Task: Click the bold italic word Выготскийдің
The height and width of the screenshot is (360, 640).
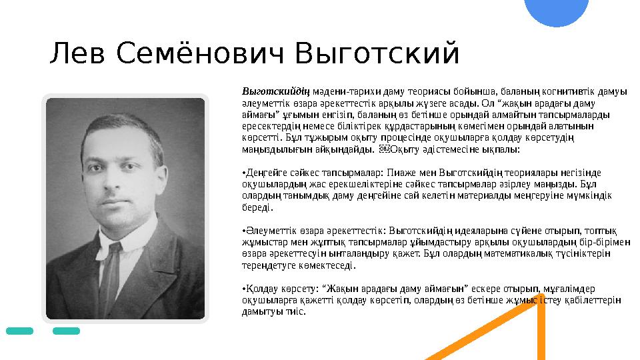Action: [267, 91]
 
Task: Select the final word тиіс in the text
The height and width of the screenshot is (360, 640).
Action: [297, 311]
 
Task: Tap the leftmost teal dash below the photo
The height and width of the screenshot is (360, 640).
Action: [19, 331]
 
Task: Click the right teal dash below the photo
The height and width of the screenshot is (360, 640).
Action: [66, 331]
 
